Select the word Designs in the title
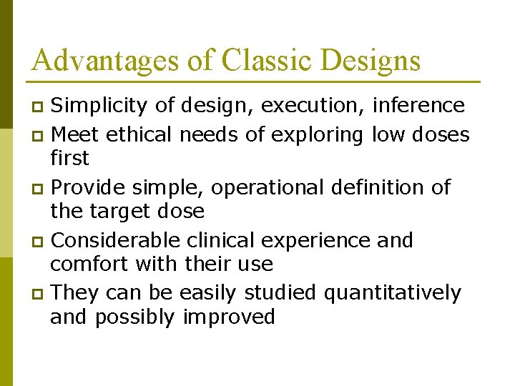click(371, 60)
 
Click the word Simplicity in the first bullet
click(101, 107)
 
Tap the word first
click(69, 158)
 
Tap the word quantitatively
click(392, 293)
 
